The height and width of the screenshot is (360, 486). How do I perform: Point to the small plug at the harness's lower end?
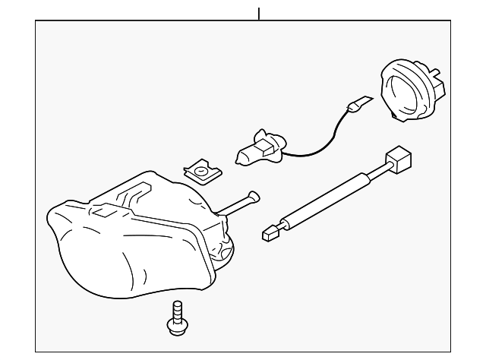[267, 231]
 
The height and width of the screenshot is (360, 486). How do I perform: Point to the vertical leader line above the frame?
[259, 13]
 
